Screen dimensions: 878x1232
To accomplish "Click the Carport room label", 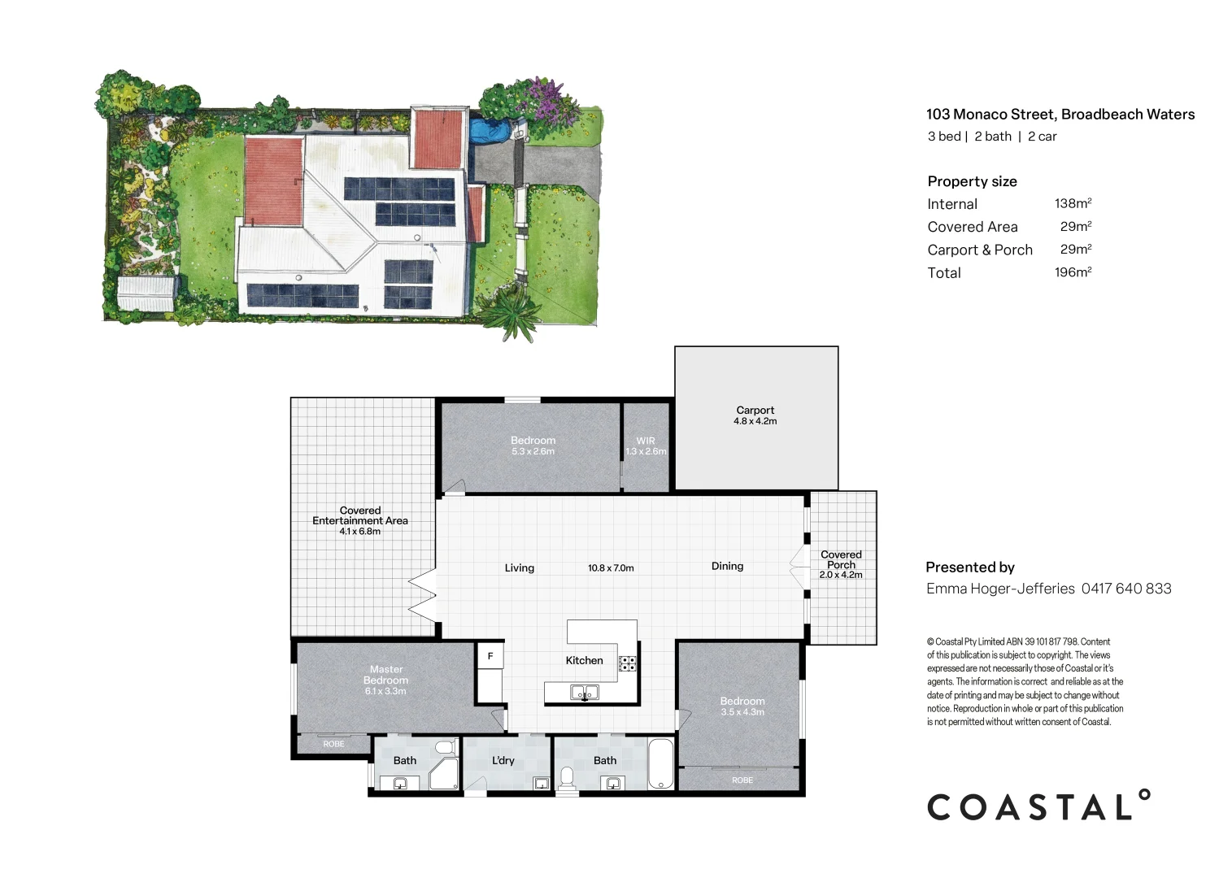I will click(x=755, y=411).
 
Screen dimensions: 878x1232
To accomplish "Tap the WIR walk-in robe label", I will click(x=646, y=441).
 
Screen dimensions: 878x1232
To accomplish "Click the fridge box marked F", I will click(x=490, y=655).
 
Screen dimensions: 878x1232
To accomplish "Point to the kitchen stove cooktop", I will click(x=628, y=663).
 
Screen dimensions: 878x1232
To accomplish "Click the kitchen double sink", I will click(x=584, y=693).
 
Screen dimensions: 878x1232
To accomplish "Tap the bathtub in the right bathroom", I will click(x=660, y=763).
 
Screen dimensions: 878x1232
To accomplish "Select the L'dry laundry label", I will click(x=503, y=761).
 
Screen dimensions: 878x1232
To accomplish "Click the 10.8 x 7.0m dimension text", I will click(x=611, y=568).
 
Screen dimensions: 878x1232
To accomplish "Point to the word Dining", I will click(x=727, y=567).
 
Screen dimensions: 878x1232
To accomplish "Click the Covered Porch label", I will click(x=841, y=560).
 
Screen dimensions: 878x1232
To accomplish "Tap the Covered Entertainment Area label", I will click(x=360, y=516).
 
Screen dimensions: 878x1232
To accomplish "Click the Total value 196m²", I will click(x=1073, y=272).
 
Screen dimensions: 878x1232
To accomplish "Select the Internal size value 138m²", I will click(x=1073, y=204).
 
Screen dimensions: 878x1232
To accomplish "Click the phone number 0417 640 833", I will click(x=1126, y=589).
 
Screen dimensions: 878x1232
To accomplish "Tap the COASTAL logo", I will click(x=1038, y=806).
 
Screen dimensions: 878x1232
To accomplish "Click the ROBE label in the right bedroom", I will click(x=742, y=780).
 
